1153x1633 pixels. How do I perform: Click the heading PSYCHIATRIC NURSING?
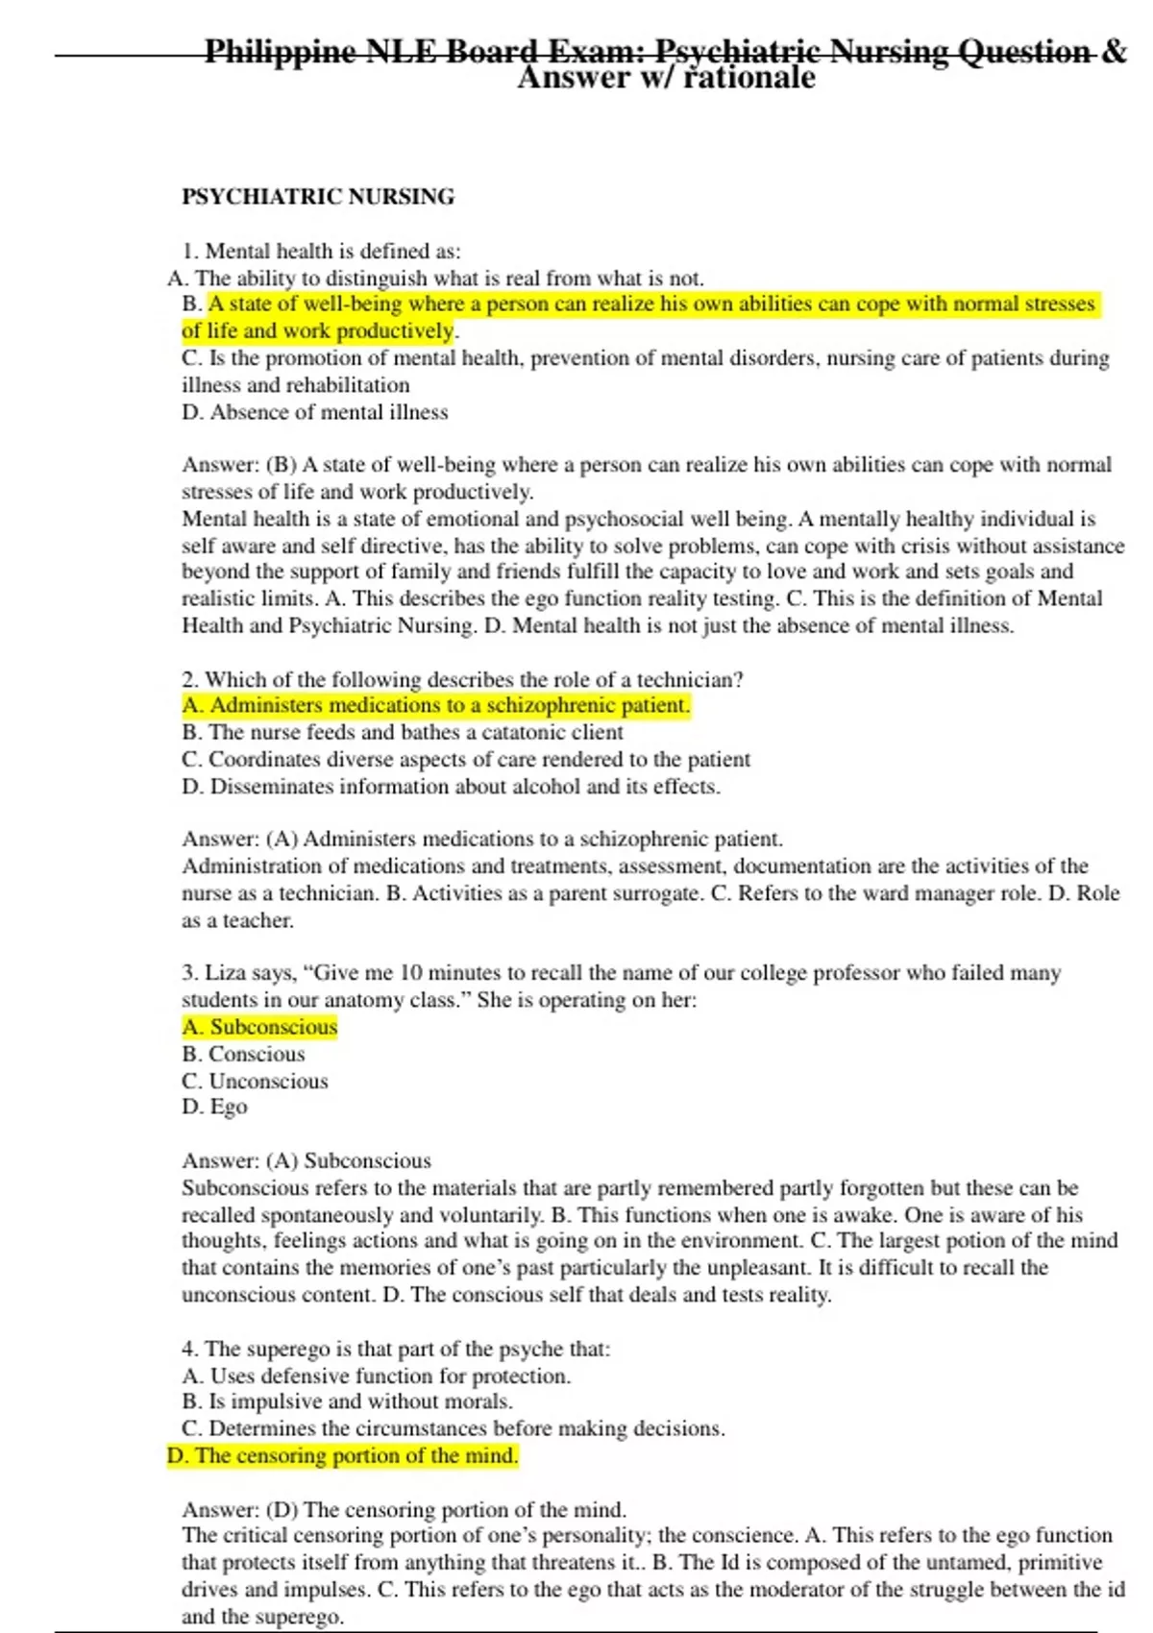pyautogui.click(x=318, y=197)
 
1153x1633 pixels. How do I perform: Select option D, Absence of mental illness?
pyautogui.click(x=314, y=412)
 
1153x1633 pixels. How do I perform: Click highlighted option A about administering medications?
pyautogui.click(x=435, y=705)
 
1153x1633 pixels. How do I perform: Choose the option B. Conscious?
pyautogui.click(x=243, y=1054)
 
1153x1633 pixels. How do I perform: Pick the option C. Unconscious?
pyautogui.click(x=255, y=1081)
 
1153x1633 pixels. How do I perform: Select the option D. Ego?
pyautogui.click(x=214, y=1107)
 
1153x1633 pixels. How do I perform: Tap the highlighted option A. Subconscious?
pyautogui.click(x=259, y=1027)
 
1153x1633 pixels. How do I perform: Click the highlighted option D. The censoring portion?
pyautogui.click(x=342, y=1455)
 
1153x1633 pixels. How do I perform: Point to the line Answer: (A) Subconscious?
pyautogui.click(x=307, y=1160)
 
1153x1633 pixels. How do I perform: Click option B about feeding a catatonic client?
pyautogui.click(x=403, y=732)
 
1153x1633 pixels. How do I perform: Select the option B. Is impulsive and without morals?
pyautogui.click(x=347, y=1401)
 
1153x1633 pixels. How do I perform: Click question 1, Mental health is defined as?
pyautogui.click(x=321, y=251)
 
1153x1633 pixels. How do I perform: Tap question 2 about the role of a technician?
pyautogui.click(x=462, y=679)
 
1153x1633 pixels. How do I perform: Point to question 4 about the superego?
pyautogui.click(x=396, y=1349)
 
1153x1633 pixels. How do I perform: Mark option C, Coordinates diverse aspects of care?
pyautogui.click(x=466, y=759)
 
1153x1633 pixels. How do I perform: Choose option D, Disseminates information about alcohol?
pyautogui.click(x=451, y=787)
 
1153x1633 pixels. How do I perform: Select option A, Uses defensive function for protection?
pyautogui.click(x=376, y=1376)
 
